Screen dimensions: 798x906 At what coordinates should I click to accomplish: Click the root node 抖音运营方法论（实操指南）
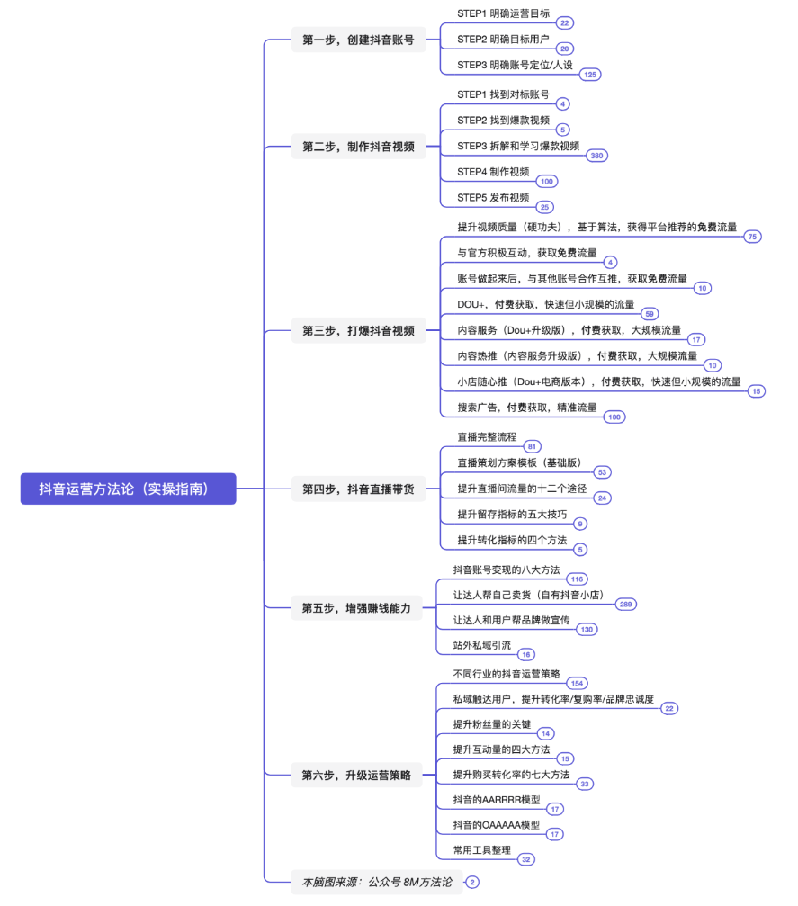(x=129, y=489)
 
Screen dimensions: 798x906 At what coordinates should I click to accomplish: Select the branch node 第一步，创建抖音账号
(x=358, y=40)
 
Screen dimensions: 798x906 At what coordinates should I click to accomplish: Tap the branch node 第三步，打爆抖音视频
(x=358, y=330)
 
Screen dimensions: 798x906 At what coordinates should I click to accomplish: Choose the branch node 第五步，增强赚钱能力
(x=356, y=608)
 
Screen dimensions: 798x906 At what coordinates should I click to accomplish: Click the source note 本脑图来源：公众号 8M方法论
(x=377, y=882)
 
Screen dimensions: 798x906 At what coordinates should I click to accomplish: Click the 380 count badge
(x=596, y=156)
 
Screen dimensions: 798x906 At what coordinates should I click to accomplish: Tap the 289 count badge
(x=626, y=605)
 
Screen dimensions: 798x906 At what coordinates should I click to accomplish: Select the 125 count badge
(x=590, y=75)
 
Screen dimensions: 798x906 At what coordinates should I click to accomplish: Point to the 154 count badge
(x=577, y=684)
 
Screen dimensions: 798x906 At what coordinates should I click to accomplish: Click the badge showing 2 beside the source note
(x=472, y=883)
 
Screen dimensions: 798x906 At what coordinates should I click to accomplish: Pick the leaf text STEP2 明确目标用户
(x=503, y=40)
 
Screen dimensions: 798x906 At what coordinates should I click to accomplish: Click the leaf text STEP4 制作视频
(x=493, y=172)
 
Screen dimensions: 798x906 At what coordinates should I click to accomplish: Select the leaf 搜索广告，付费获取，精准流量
(x=527, y=408)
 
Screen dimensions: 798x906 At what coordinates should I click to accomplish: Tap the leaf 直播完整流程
(x=487, y=437)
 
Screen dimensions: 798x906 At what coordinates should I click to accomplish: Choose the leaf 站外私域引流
(x=482, y=645)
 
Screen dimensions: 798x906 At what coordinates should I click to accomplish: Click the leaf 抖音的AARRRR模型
(x=497, y=800)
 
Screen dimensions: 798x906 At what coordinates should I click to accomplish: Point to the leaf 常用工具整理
(x=482, y=850)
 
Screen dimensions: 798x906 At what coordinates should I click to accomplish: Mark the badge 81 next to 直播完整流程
(x=533, y=446)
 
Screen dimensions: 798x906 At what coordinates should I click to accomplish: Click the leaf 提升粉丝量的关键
(x=492, y=724)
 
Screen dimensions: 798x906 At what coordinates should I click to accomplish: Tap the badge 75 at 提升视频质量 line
(x=752, y=237)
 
